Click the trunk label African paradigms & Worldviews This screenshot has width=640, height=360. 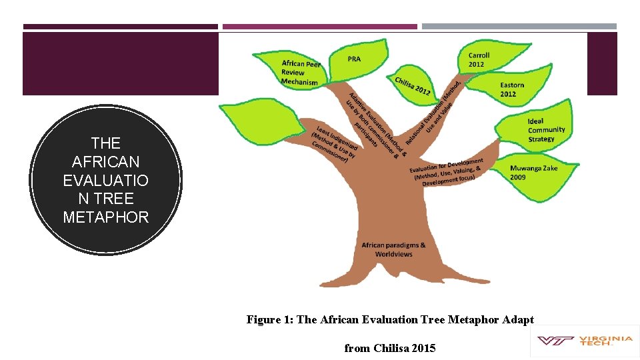coord(393,249)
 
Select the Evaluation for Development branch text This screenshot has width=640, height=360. coord(447,173)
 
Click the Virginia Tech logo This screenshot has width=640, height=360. coord(584,341)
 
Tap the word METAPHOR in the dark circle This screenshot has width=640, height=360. coord(106,217)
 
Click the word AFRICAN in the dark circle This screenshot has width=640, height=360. coord(106,161)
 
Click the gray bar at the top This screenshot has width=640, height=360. coord(519,27)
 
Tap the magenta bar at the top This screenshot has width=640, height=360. coord(320,27)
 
